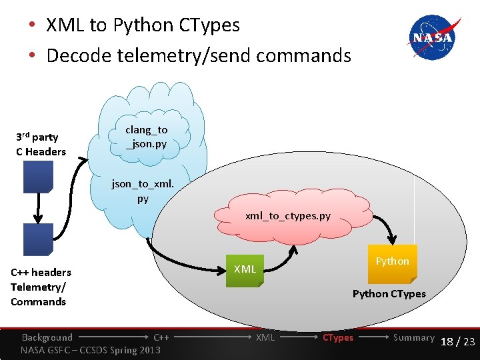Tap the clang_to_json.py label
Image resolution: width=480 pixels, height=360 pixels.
(147, 137)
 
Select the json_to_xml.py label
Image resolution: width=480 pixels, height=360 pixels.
(143, 190)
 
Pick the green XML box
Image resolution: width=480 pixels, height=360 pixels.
(245, 269)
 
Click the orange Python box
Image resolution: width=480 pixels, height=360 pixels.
(392, 262)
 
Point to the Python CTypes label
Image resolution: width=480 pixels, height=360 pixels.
(389, 294)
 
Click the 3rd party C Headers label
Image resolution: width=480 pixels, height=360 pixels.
(41, 145)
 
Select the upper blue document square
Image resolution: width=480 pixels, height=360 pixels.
(38, 176)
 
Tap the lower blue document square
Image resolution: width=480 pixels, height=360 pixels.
(38, 238)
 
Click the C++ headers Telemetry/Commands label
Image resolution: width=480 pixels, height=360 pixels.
(41, 287)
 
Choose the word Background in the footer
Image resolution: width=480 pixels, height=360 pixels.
(47, 337)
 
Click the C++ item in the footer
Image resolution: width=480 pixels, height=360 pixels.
(161, 337)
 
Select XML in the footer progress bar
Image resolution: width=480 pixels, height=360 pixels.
(265, 337)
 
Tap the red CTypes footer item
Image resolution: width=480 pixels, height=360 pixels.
(338, 337)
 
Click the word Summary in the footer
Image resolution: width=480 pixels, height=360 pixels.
(413, 337)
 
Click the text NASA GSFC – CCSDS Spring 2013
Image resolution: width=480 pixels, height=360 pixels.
(91, 350)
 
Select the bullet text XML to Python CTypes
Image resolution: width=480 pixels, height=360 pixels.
(143, 25)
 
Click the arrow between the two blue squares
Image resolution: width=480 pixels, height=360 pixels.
(38, 207)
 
